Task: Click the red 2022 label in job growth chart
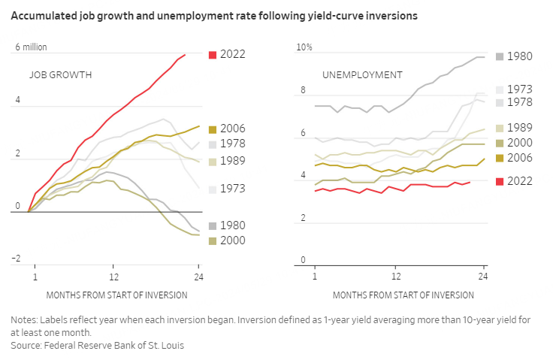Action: (233, 54)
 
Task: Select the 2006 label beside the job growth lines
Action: (233, 129)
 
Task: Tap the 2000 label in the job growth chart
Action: (233, 241)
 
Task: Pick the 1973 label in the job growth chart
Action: (233, 189)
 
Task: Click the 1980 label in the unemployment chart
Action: (520, 56)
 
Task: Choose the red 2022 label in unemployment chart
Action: (520, 181)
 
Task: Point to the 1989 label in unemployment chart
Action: (520, 129)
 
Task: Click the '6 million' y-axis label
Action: (32, 47)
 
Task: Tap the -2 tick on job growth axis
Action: (16, 259)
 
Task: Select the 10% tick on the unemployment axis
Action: (305, 47)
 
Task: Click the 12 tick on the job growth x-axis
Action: (113, 277)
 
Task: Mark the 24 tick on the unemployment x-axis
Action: (483, 277)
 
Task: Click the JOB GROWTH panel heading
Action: (61, 75)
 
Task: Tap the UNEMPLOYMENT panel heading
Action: (362, 75)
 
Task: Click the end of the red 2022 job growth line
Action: (185, 54)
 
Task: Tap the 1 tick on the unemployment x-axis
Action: (315, 277)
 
